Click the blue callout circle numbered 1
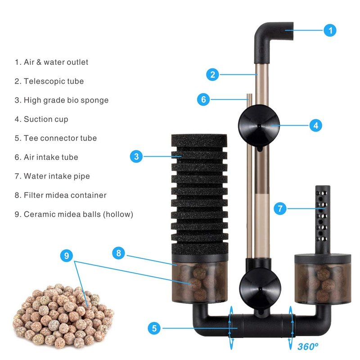(330, 30)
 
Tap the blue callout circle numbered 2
(212, 75)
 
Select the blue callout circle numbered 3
(136, 156)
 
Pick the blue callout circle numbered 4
(316, 126)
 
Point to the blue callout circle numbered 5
(154, 328)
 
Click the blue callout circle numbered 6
(203, 99)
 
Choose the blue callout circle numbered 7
(280, 208)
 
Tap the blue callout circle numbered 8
(118, 253)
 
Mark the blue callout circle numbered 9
(67, 256)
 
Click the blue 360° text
(308, 346)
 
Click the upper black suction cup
(259, 126)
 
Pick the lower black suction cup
(260, 289)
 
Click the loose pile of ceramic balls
(63, 317)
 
